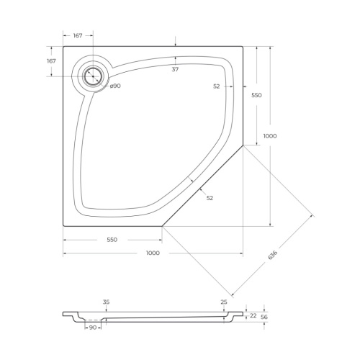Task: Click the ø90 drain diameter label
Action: pyautogui.click(x=115, y=86)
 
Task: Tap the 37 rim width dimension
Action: pyautogui.click(x=175, y=69)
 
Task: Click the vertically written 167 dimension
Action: pyautogui.click(x=51, y=61)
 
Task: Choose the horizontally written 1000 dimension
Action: pyautogui.click(x=153, y=253)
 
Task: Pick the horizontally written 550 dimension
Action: pyautogui.click(x=112, y=239)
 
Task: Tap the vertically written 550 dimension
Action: pyautogui.click(x=256, y=95)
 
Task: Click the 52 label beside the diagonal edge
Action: pyautogui.click(x=210, y=198)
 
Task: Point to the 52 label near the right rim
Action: pyautogui.click(x=217, y=86)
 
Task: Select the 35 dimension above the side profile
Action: pyautogui.click(x=106, y=302)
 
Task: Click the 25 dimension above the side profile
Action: pyautogui.click(x=224, y=302)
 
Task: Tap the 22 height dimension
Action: pyautogui.click(x=253, y=315)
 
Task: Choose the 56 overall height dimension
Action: pyautogui.click(x=264, y=317)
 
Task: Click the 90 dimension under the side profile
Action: pyautogui.click(x=92, y=328)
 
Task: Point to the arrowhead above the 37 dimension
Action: pyautogui.click(x=175, y=44)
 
